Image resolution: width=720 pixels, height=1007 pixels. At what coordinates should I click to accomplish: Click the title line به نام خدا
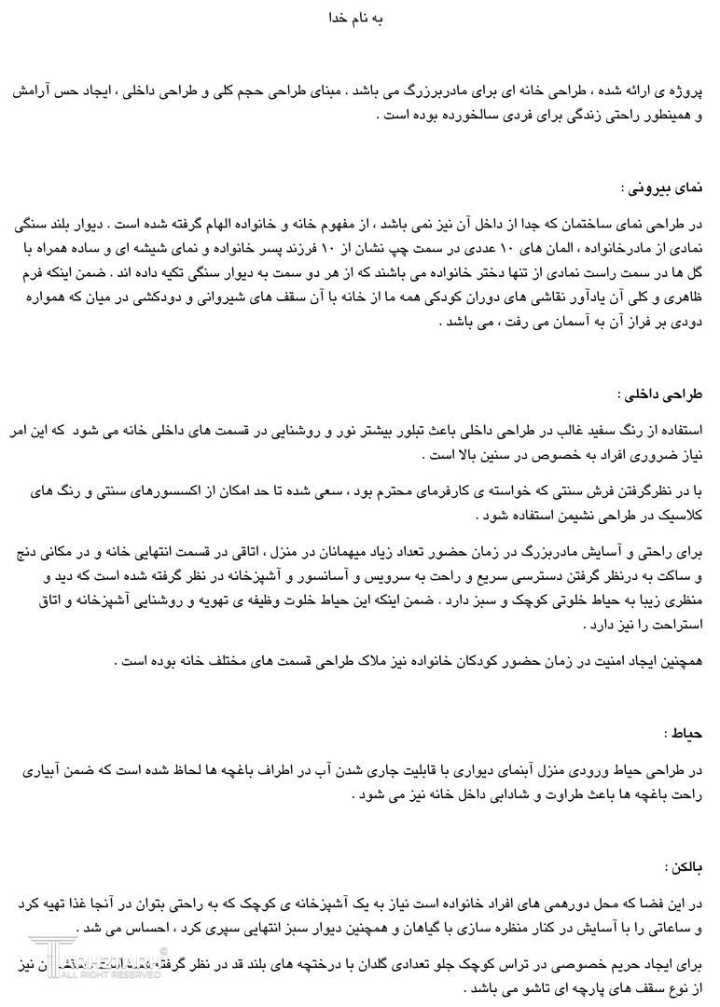358,18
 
